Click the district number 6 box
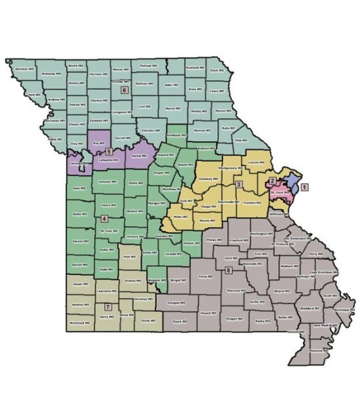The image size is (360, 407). [x=123, y=91]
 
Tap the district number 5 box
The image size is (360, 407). [x=110, y=152]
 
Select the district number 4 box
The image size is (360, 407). [x=104, y=218]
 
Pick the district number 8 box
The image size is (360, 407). [x=228, y=270]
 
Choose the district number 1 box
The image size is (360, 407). [x=304, y=186]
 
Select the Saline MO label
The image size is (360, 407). [x=137, y=156]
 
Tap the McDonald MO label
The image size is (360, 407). [x=79, y=324]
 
